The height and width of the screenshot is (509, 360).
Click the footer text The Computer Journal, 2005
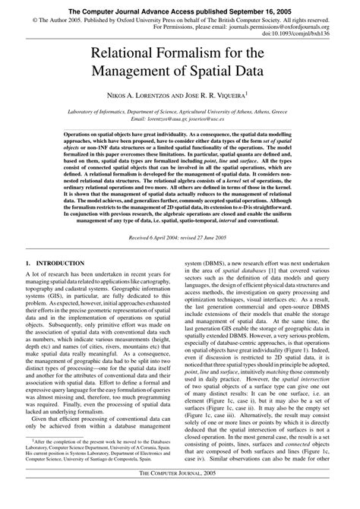(x=180, y=493)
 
